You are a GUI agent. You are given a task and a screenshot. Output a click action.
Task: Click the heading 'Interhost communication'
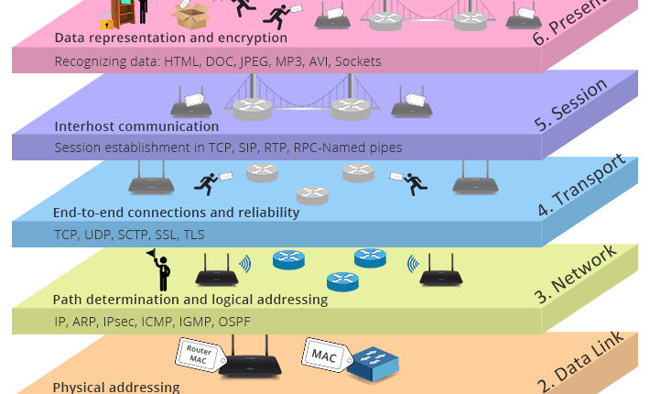coord(136,126)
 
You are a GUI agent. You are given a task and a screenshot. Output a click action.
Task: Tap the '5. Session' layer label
coord(571,105)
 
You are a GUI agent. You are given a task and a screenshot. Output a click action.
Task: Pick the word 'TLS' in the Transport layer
coord(193,235)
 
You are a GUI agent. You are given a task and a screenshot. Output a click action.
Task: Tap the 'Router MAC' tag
coord(199,355)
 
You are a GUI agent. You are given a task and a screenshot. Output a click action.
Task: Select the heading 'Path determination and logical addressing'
coord(190,300)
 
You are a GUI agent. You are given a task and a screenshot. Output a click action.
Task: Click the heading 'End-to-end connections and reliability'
coord(176,213)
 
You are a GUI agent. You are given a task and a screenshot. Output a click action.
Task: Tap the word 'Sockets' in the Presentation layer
coord(358,61)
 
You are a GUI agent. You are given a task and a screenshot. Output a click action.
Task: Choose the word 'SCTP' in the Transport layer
coord(136,235)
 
